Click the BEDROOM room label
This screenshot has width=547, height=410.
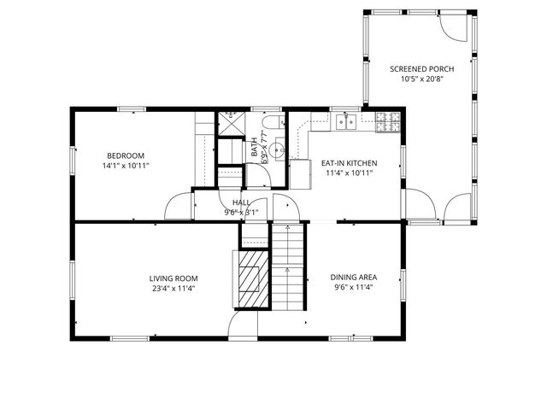[x=125, y=155]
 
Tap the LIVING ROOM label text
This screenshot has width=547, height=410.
[x=174, y=278]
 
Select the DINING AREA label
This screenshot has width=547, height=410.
[x=354, y=278]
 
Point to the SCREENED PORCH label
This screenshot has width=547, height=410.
[x=421, y=69]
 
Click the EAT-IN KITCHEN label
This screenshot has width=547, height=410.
[x=349, y=162]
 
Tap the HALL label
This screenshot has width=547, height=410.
[x=240, y=202]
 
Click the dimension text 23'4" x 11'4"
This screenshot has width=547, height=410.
[x=174, y=289]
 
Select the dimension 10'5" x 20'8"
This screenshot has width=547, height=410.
[x=421, y=79]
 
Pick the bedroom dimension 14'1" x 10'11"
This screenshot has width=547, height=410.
[x=125, y=166]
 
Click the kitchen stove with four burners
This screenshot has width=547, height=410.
[x=387, y=122]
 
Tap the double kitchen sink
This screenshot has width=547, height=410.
[x=346, y=122]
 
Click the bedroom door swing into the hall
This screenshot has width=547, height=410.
[x=178, y=207]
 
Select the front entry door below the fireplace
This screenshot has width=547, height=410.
[x=243, y=325]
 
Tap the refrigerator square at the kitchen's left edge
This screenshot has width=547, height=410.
[x=300, y=173]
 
